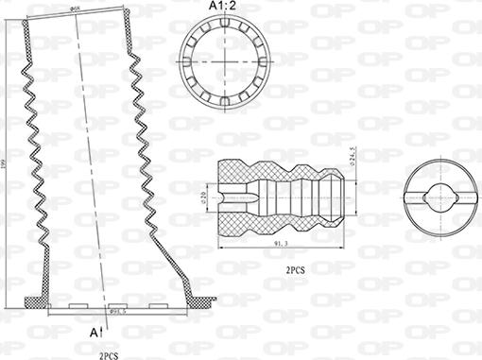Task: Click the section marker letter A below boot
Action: point(93,334)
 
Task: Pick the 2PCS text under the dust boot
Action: point(110,353)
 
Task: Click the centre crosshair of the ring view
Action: point(226,61)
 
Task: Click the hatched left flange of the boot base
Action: point(36,301)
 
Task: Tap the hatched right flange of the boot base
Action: point(198,301)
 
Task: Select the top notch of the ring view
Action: point(226,21)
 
